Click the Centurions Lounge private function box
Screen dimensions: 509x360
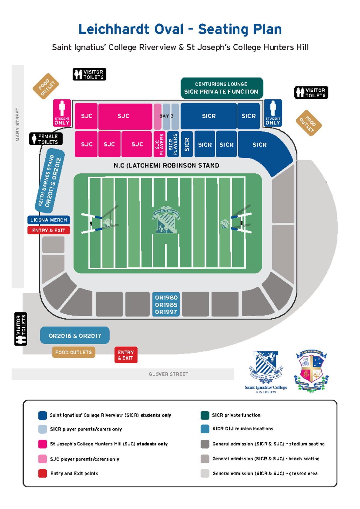(x=222, y=88)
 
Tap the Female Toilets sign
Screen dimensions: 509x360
(x=46, y=139)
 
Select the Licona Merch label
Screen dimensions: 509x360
(x=49, y=220)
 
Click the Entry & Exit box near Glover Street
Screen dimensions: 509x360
(x=126, y=355)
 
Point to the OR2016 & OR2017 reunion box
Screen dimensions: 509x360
(x=75, y=336)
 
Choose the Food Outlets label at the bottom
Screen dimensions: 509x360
(x=73, y=352)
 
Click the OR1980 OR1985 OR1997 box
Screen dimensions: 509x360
(x=166, y=305)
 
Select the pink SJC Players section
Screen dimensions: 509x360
(x=159, y=144)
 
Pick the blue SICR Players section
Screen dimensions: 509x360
(x=173, y=144)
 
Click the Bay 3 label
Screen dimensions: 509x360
(x=166, y=116)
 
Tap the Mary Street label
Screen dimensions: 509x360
(x=18, y=125)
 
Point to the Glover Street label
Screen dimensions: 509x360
(x=168, y=374)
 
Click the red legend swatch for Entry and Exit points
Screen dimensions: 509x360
(x=43, y=473)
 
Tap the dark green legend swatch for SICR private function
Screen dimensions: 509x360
(x=205, y=415)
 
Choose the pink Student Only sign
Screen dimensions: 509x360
(x=62, y=113)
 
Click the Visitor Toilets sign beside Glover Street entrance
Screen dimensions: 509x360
(x=21, y=329)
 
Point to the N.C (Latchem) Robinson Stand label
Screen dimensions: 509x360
(x=166, y=166)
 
